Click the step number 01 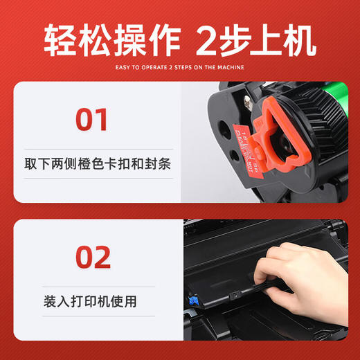(x=92, y=118)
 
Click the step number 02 (x=92, y=257)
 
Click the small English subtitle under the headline (x=180, y=68)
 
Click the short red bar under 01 (x=92, y=142)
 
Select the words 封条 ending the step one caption (x=159, y=165)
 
